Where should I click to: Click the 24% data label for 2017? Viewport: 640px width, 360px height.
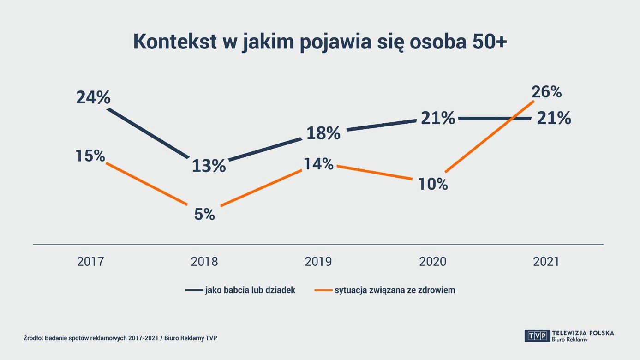[93, 98]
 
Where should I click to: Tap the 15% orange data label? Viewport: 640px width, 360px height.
[90, 156]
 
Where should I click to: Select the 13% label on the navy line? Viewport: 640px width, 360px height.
[209, 166]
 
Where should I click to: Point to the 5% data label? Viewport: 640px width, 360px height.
[204, 214]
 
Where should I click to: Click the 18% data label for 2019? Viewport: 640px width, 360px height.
[323, 133]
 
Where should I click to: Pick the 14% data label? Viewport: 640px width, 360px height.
[318, 164]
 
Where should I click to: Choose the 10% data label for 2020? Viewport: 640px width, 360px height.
[433, 184]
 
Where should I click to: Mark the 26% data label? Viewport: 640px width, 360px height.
[546, 92]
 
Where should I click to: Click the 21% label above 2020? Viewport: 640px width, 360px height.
[437, 119]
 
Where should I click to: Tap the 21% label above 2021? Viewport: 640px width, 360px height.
[554, 119]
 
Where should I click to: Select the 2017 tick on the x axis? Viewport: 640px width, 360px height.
[90, 262]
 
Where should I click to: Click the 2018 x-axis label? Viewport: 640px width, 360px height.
[204, 262]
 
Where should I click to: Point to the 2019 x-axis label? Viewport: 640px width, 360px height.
[318, 262]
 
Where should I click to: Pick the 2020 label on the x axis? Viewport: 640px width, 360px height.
[433, 262]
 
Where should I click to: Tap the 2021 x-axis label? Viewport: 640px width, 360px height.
[546, 262]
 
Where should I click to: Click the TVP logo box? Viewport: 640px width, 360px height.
[537, 336]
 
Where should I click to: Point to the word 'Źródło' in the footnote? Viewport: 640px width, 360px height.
[33, 338]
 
